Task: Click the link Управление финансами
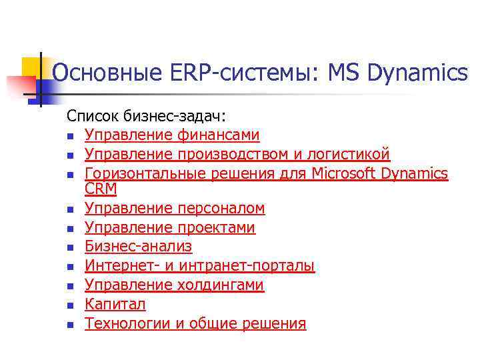pyautogui.click(x=172, y=135)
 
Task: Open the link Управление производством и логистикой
pyautogui.click(x=237, y=155)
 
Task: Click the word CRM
pyautogui.click(x=101, y=189)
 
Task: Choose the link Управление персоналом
pyautogui.click(x=175, y=209)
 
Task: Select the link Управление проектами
pyautogui.click(x=170, y=228)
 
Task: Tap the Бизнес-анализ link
pyautogui.click(x=139, y=247)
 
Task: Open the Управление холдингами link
pyautogui.click(x=175, y=285)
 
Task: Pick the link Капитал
pyautogui.click(x=115, y=305)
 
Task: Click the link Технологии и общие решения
pyautogui.click(x=195, y=324)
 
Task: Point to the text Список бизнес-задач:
pyautogui.click(x=137, y=116)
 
